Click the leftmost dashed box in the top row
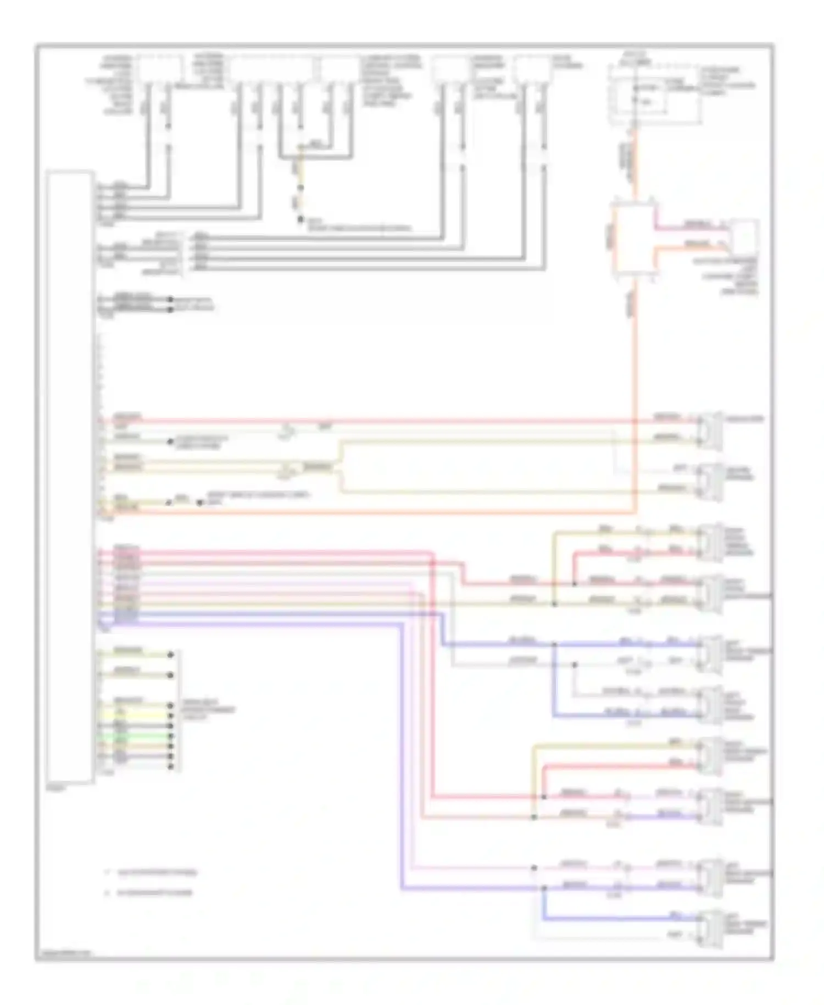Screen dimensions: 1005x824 tap(159, 69)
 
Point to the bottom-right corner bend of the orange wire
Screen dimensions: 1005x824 tap(635, 512)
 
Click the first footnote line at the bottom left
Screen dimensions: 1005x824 tap(157, 873)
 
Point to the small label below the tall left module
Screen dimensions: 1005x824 tap(56, 788)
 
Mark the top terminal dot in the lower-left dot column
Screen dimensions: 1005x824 tap(171, 655)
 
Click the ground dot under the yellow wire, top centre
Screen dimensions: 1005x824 tap(300, 220)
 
